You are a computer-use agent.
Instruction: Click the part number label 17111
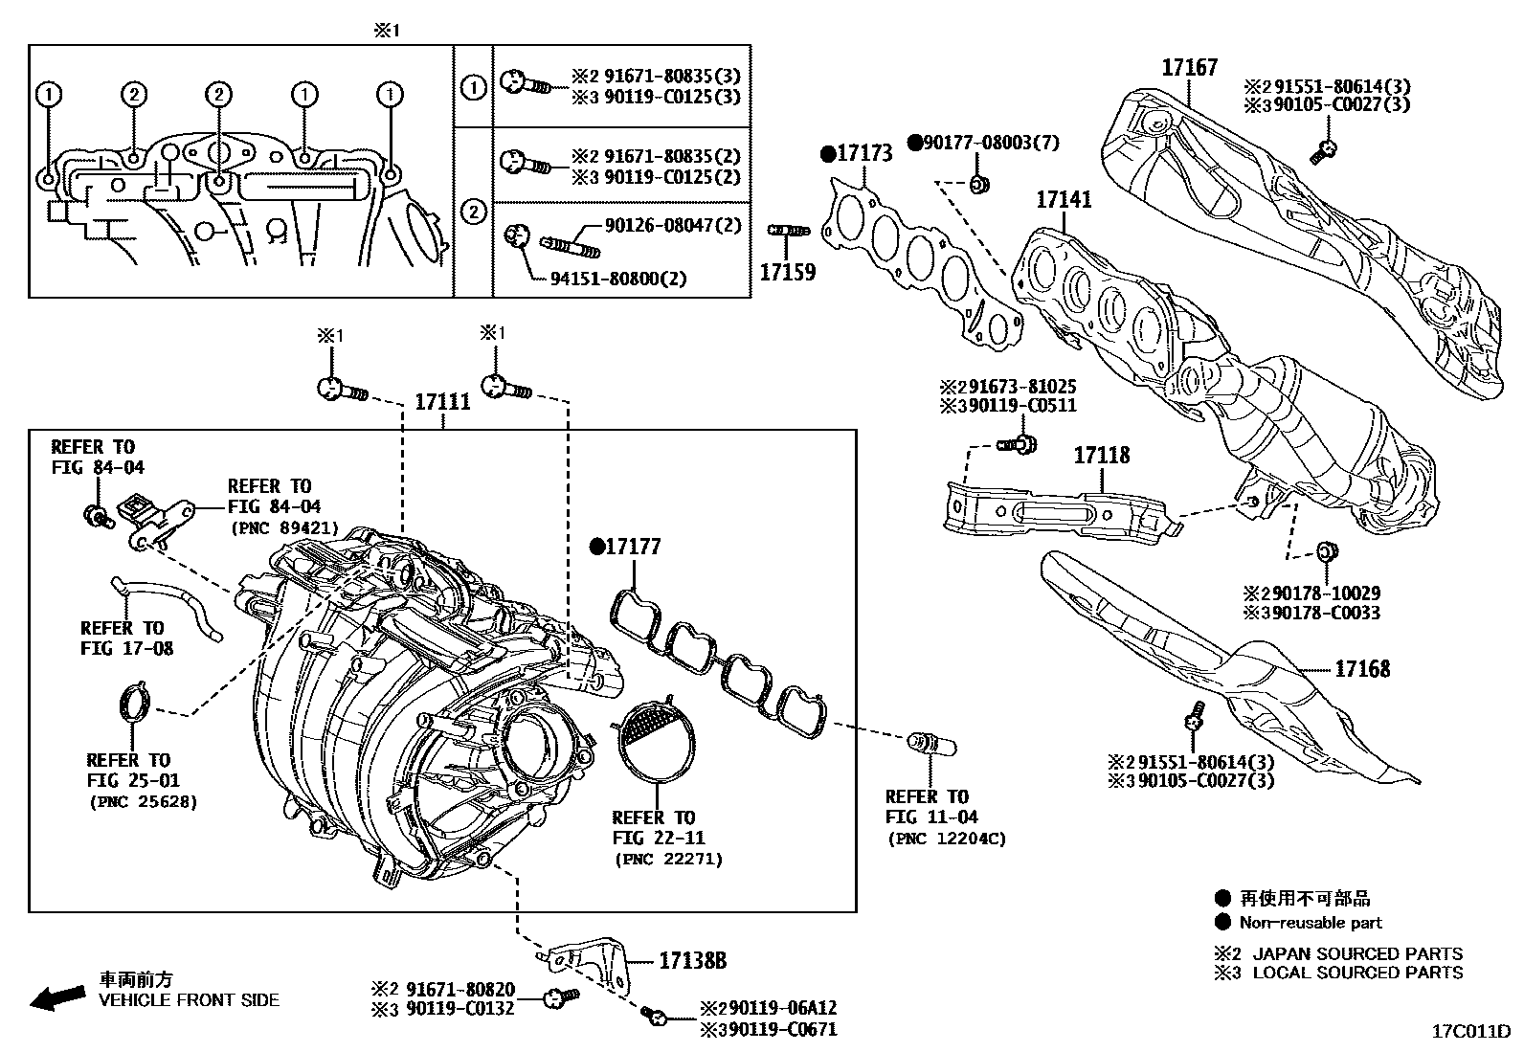coord(441,402)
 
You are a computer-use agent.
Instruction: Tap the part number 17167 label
coord(1189,68)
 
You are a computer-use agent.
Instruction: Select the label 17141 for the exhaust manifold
coord(1063,200)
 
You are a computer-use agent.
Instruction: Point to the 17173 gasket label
coord(863,153)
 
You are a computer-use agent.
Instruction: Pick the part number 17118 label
coord(1101,456)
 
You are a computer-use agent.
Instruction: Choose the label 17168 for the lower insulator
coord(1361,669)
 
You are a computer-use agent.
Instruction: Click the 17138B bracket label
coord(692,961)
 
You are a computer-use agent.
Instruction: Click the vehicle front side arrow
coord(56,997)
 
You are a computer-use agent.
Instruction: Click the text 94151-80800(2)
coord(617,280)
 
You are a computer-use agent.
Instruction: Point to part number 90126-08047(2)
coord(672,226)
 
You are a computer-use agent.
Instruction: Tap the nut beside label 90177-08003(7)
coord(978,184)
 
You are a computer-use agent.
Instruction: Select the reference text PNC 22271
coord(668,860)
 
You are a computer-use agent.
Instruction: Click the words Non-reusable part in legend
coord(1310,923)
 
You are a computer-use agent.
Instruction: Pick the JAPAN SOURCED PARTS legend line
coord(1356,953)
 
